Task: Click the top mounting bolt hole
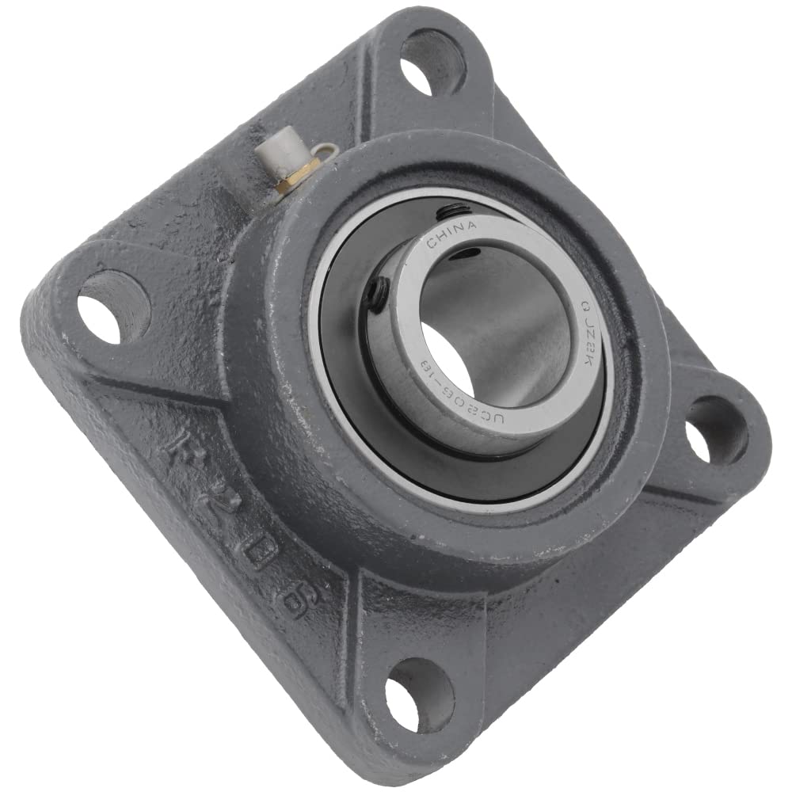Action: [432, 61]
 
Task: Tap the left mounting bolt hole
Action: [113, 307]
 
